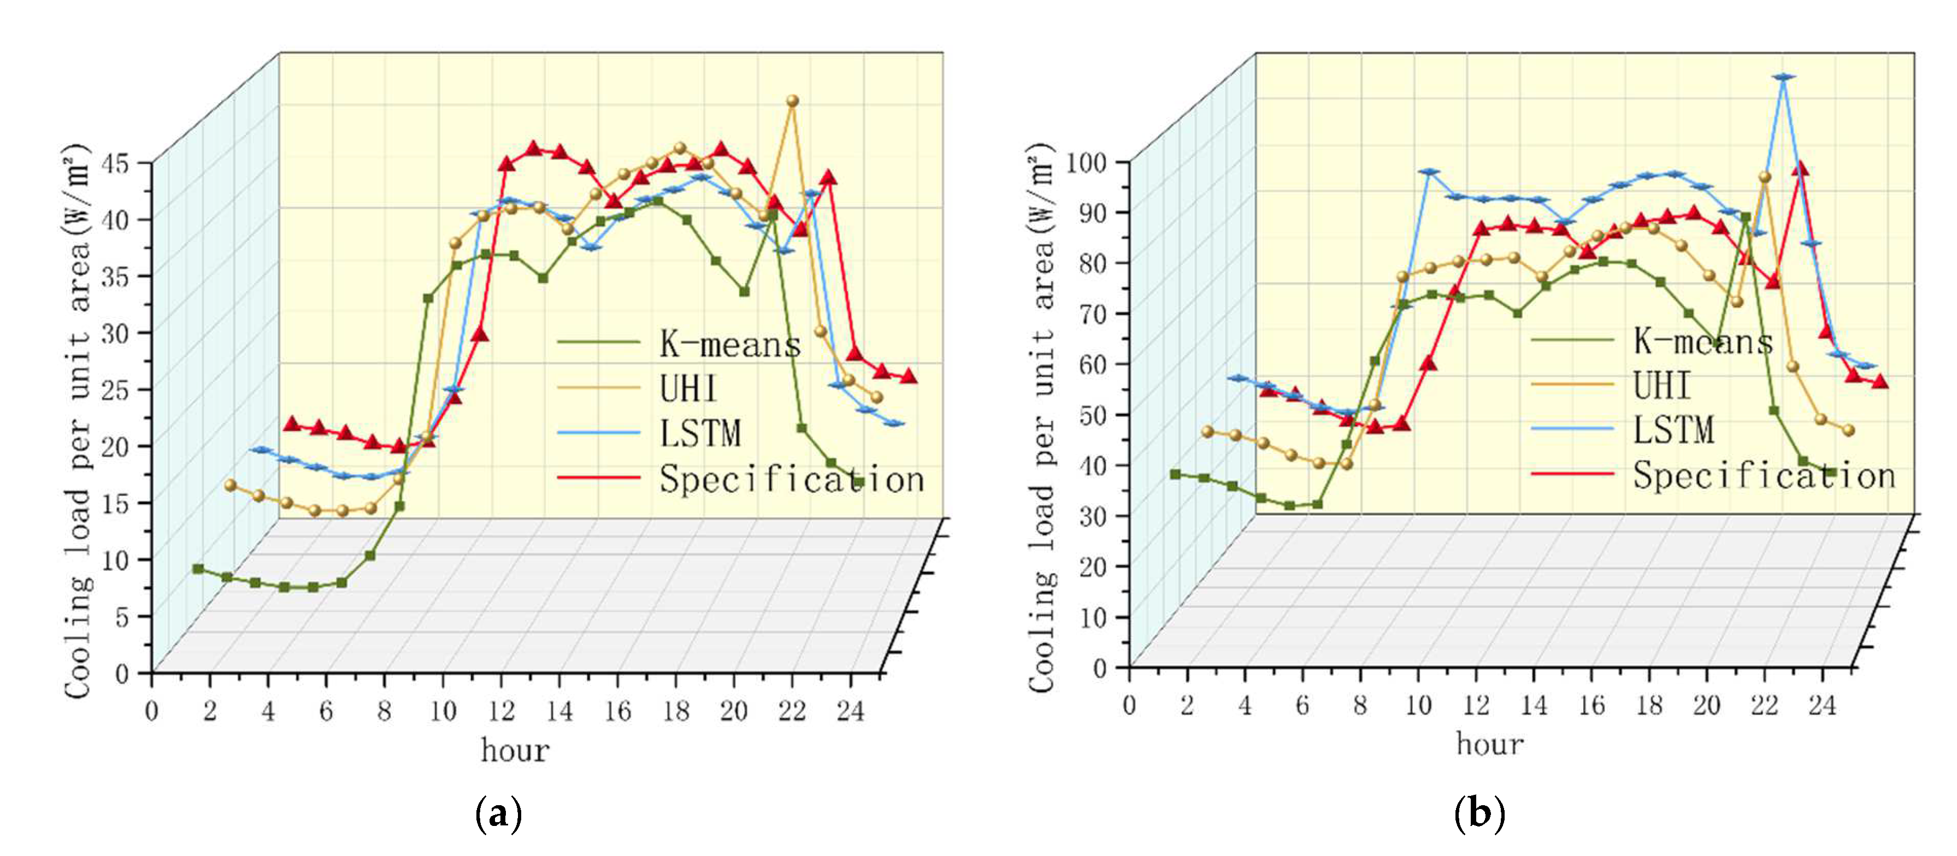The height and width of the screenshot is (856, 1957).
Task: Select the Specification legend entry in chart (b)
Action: coord(1763,475)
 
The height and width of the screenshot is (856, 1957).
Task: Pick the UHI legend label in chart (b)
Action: coord(1662,385)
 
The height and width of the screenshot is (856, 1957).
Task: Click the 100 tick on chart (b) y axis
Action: coord(1086,163)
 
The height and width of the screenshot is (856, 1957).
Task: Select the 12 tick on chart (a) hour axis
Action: coord(502,711)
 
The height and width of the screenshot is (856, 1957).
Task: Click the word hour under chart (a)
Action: coord(514,751)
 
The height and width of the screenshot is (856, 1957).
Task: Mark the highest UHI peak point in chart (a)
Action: coord(792,101)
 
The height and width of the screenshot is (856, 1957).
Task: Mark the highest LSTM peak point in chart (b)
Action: coord(1783,76)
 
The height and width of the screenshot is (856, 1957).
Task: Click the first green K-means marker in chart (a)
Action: coord(198,568)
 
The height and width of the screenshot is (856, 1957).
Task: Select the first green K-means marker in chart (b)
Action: coord(1175,474)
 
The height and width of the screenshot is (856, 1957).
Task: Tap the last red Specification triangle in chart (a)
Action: coord(909,376)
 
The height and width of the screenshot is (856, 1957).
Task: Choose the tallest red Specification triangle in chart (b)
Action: coord(1800,168)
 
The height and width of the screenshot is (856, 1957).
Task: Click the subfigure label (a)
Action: coord(498,813)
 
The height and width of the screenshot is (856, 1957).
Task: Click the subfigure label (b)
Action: coord(1478,813)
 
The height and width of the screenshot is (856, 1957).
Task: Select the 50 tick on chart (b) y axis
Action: coord(1094,415)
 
